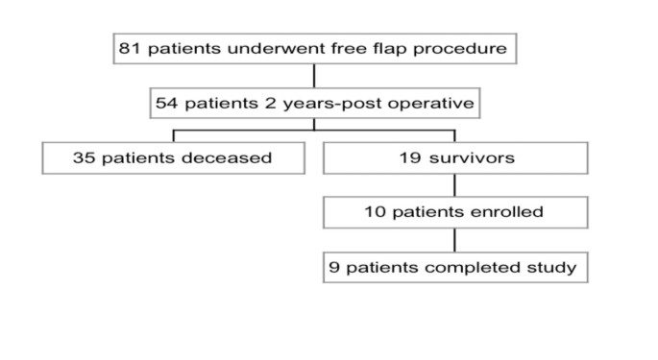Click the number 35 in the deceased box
85,157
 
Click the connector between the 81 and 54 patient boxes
315,76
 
